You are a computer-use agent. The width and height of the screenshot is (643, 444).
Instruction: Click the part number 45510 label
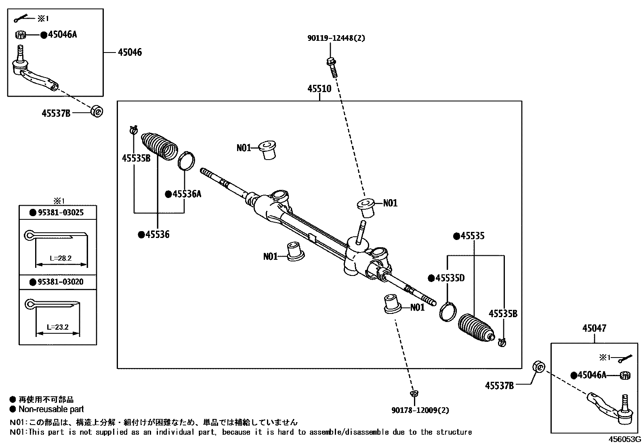point(319,88)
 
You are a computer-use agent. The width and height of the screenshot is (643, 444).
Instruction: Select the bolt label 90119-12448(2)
point(336,38)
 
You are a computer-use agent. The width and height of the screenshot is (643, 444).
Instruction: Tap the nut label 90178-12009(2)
point(420,410)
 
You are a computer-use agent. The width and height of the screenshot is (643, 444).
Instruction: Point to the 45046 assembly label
point(130,53)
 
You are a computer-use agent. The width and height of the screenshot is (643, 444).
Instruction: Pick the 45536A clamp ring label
point(186,194)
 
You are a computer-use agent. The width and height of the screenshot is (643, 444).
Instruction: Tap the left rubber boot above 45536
point(159,146)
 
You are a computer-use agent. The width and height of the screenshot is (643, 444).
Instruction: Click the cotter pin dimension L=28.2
point(61,258)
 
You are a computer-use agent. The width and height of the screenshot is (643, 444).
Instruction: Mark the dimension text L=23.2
point(58,327)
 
